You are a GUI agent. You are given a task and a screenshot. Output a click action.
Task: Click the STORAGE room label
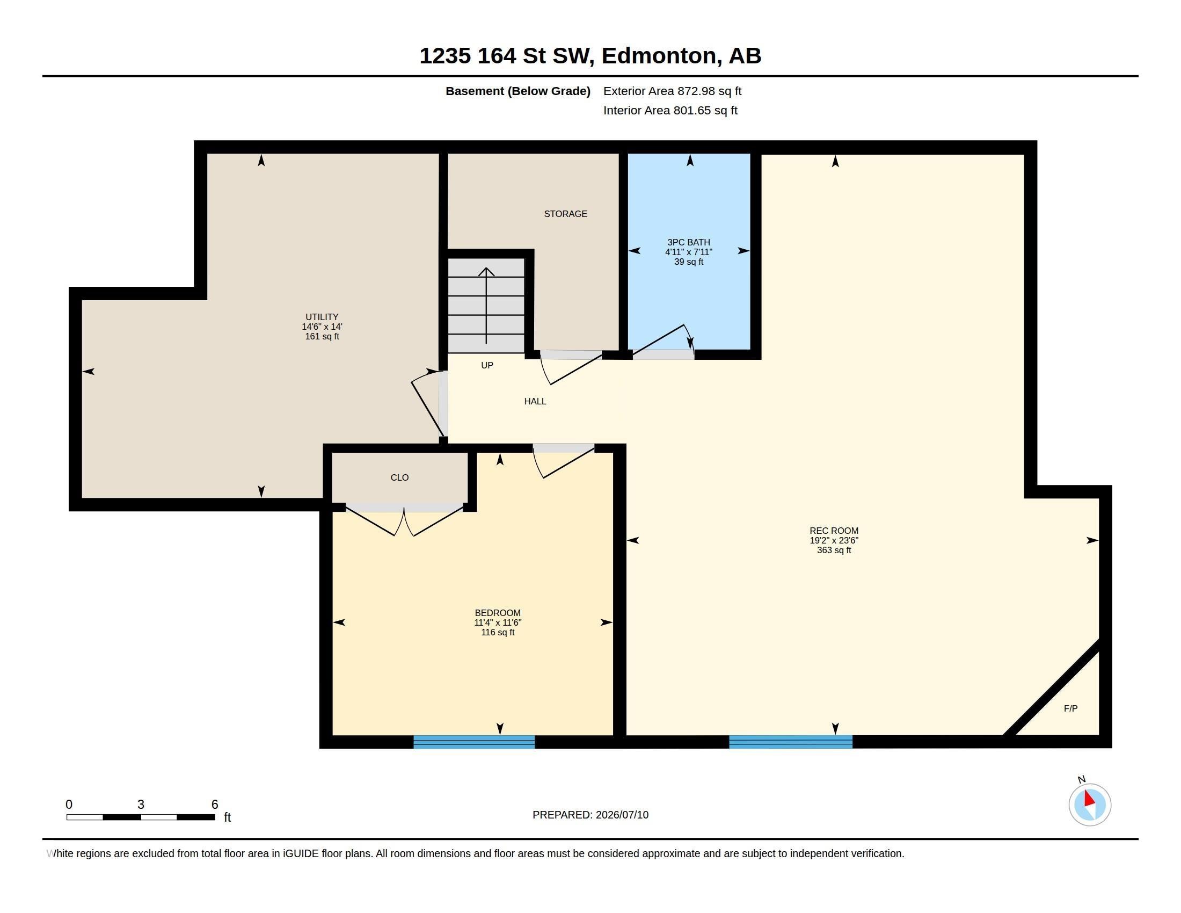565,214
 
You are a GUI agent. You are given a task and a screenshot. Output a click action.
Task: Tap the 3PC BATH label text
688,242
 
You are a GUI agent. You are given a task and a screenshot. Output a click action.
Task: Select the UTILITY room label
322,317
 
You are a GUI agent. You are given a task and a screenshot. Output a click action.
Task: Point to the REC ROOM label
834,531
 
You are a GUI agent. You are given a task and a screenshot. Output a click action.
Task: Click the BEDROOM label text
498,613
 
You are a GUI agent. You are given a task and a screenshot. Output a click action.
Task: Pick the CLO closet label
399,477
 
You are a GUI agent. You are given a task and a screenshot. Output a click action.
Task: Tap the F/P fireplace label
1071,708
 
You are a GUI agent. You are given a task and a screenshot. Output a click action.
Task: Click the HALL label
535,401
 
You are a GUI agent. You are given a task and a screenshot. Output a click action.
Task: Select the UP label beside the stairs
487,365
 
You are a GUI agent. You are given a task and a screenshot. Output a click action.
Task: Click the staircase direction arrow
486,306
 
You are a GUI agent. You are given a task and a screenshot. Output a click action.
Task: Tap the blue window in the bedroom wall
474,742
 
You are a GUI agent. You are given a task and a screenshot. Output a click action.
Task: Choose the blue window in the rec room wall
791,742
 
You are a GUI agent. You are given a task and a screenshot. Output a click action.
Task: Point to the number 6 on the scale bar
215,805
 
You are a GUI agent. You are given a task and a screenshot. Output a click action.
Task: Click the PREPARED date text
590,815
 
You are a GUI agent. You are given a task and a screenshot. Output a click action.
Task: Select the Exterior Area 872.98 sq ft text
672,91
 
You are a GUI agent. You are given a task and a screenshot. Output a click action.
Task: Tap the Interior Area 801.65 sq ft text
670,110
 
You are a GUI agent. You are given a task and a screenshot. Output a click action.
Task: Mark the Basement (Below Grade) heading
518,91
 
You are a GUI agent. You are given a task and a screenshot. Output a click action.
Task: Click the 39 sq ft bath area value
688,262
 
